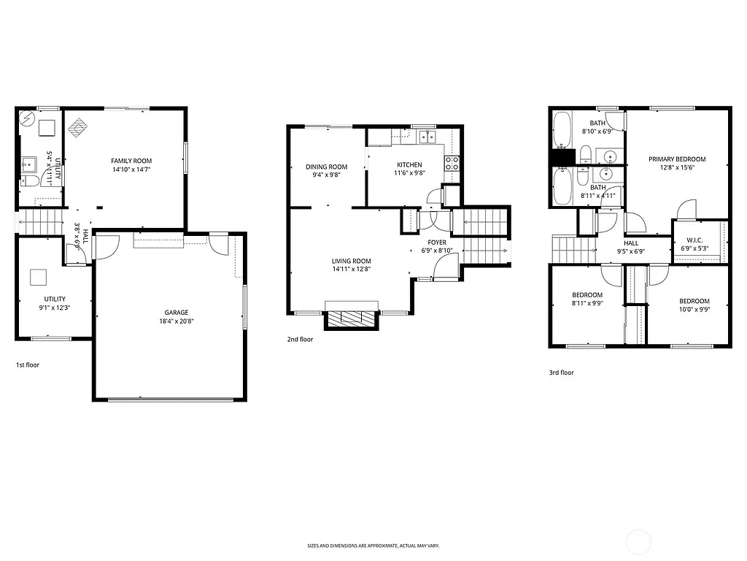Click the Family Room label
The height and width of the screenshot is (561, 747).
click(x=131, y=161)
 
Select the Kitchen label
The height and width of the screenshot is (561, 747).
click(x=409, y=164)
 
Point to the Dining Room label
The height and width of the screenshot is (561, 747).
click(x=326, y=167)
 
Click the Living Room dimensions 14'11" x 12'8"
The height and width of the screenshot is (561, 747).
click(x=352, y=269)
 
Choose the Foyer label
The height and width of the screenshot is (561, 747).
click(x=437, y=242)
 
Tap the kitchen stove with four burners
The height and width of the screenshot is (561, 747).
click(x=452, y=163)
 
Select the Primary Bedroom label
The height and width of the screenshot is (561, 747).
click(x=677, y=159)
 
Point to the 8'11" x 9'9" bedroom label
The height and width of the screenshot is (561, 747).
click(x=587, y=294)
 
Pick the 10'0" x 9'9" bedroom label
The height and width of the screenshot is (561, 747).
click(x=694, y=301)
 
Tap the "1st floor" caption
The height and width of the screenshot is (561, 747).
click(x=28, y=364)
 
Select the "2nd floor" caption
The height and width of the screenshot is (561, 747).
click(x=300, y=339)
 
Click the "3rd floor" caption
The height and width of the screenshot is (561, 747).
click(x=561, y=373)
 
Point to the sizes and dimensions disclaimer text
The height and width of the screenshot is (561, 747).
click(x=373, y=546)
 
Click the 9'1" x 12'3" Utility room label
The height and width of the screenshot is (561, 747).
click(x=55, y=299)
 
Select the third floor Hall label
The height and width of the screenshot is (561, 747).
click(x=631, y=243)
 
